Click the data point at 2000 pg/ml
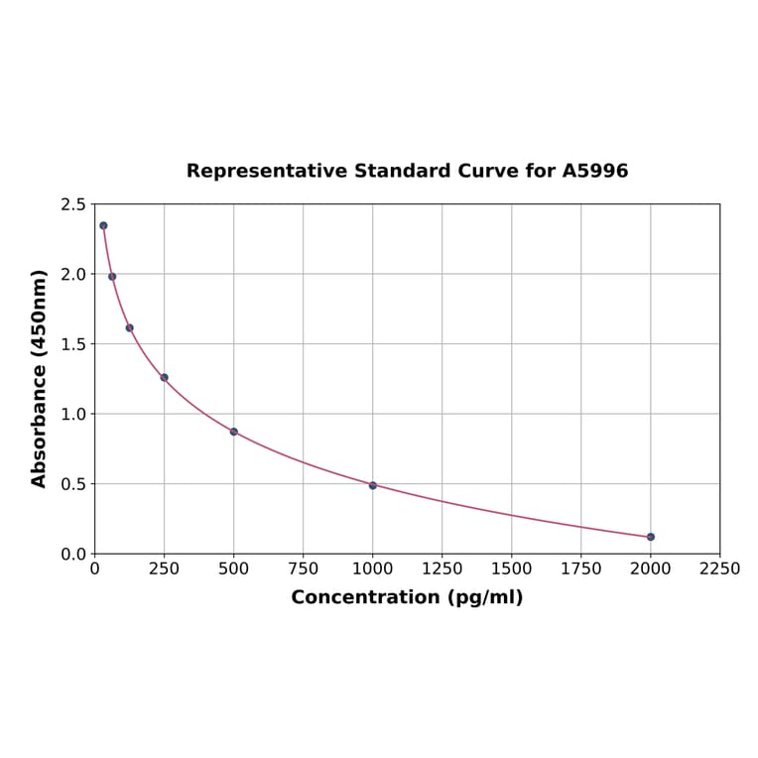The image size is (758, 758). [650, 537]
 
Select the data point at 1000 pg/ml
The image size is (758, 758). [373, 485]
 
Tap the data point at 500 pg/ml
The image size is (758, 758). [234, 432]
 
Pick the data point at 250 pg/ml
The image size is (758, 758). [165, 377]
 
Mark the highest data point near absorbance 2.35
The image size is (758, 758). [103, 225]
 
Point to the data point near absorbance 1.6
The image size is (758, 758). [129, 327]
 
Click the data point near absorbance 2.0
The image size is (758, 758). [112, 277]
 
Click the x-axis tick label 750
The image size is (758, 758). [304, 568]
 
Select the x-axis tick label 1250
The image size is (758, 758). [442, 568]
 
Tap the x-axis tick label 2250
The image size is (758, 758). [719, 568]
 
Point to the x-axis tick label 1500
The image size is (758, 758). [512, 568]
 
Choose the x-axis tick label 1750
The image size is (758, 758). [581, 568]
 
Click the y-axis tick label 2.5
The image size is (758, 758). [73, 204]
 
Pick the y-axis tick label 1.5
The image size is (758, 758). [73, 344]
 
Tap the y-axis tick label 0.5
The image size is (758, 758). [73, 484]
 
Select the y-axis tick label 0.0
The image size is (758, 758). [73, 554]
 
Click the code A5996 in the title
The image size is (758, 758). [595, 171]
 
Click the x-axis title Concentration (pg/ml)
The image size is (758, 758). [407, 597]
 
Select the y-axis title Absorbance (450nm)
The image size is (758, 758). [40, 378]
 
